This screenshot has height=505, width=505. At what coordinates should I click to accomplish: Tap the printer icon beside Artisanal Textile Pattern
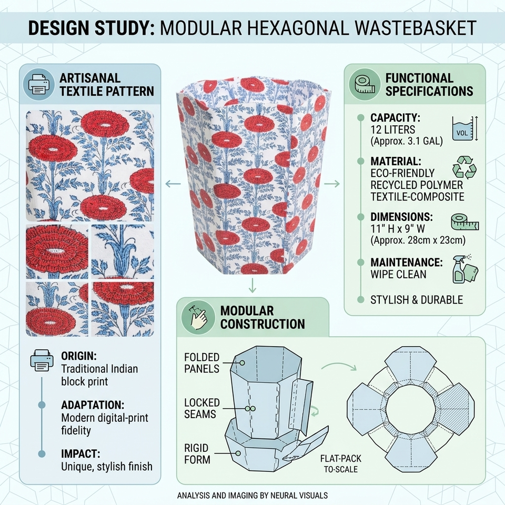point(39,84)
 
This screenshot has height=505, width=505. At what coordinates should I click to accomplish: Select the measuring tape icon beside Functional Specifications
point(365,84)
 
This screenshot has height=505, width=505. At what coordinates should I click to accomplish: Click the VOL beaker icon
point(464,128)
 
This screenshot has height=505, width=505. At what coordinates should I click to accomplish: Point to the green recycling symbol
point(464,167)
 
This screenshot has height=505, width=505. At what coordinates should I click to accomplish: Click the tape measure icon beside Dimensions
point(464,222)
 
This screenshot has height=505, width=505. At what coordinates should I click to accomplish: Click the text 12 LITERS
point(392,130)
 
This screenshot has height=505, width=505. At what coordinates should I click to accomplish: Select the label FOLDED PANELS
point(201,362)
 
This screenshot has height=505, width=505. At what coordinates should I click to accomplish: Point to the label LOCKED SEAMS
point(201,408)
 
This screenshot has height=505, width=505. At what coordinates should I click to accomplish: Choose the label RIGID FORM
point(197,453)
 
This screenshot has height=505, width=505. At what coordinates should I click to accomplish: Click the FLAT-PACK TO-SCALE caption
point(341,463)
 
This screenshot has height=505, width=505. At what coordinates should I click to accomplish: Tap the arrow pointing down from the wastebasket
point(252,285)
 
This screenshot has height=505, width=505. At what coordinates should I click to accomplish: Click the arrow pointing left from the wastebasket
point(173,184)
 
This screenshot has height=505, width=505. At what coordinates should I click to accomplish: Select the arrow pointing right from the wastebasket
point(332,184)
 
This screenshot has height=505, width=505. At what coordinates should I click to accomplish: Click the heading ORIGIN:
point(79,356)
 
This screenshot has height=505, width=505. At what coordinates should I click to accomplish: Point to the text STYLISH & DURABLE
point(417,300)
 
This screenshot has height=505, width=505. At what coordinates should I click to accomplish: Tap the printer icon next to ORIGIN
point(42,360)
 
